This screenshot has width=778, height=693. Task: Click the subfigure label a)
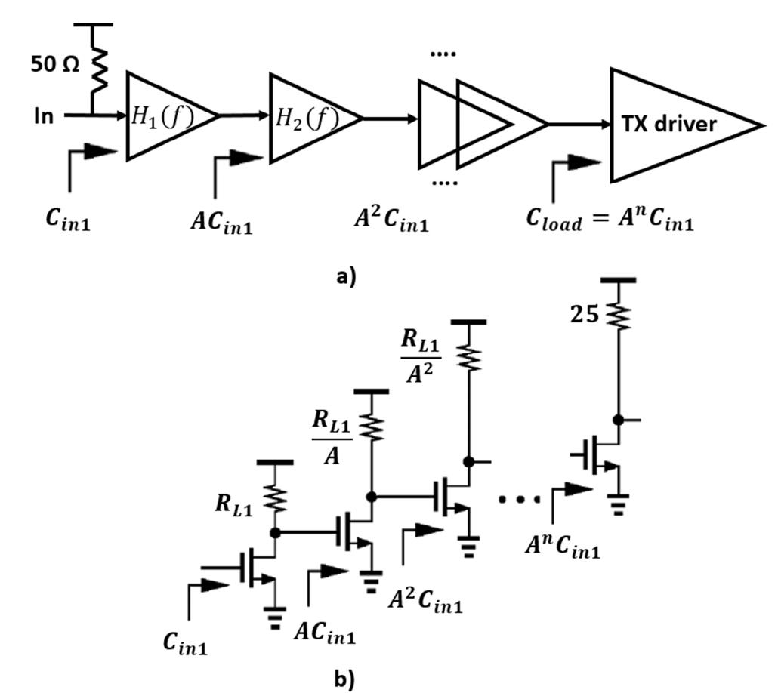346,276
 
